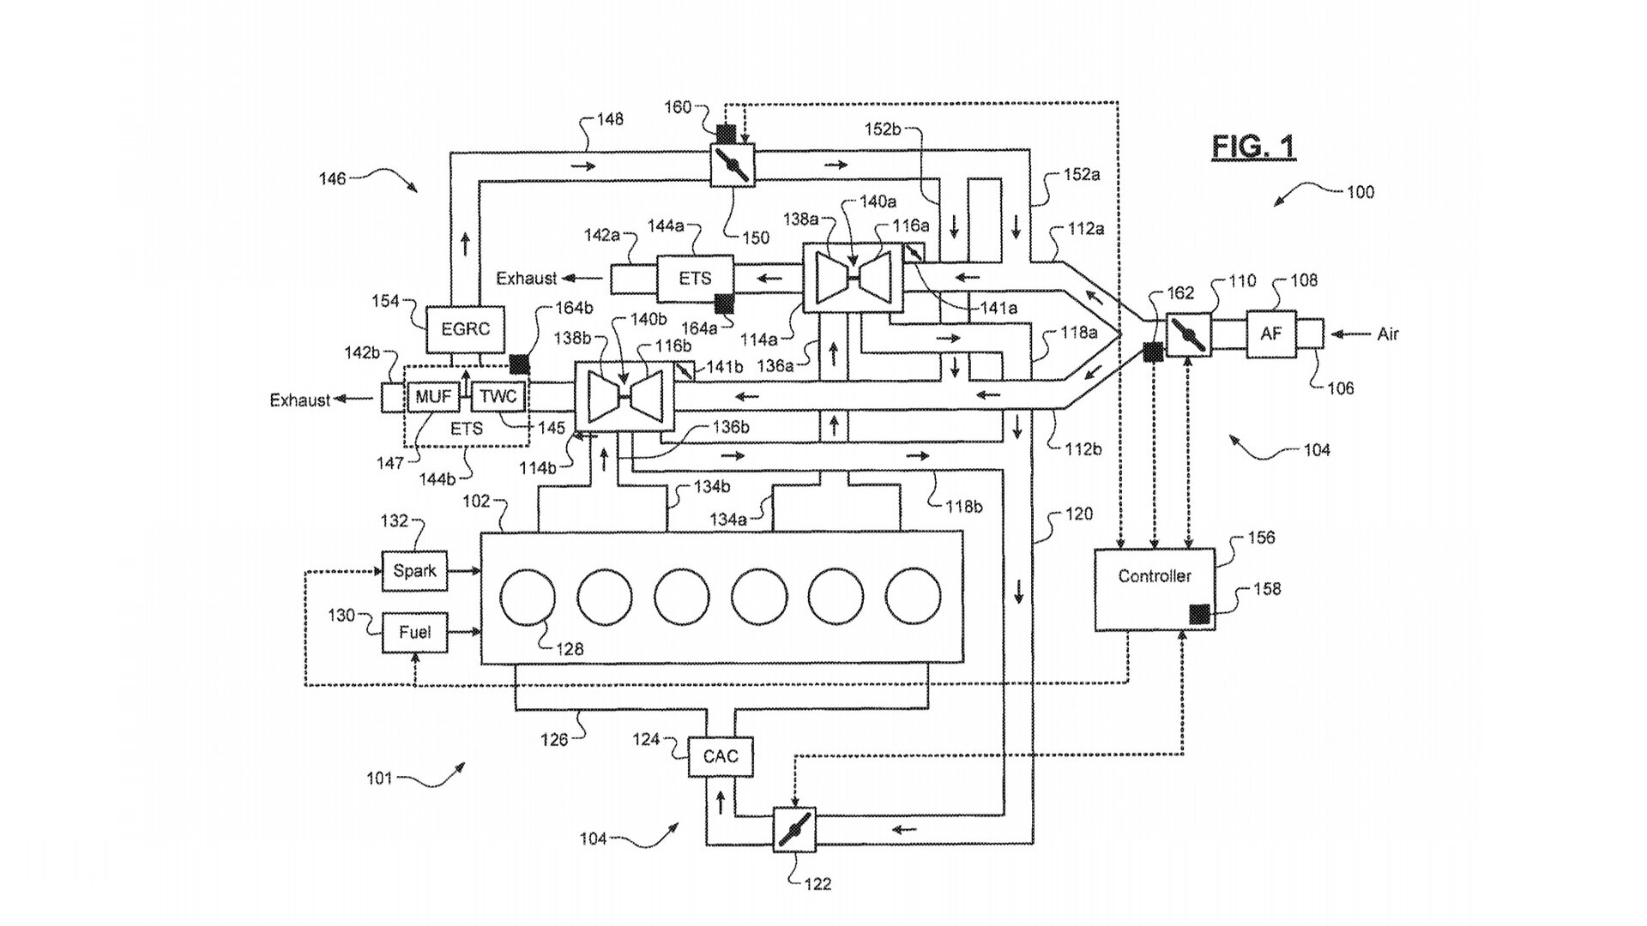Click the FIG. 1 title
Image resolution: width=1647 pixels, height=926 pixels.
[x=1253, y=147]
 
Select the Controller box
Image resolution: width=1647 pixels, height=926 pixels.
[x=1155, y=589]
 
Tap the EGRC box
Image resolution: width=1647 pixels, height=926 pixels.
[x=465, y=329]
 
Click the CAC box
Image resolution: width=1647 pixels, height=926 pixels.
[x=721, y=756]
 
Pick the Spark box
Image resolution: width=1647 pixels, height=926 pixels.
[x=415, y=571]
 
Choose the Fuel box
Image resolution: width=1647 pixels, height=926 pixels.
[x=415, y=633]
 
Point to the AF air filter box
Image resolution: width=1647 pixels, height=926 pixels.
[x=1270, y=334]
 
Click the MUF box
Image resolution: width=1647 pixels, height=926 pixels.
[x=433, y=396]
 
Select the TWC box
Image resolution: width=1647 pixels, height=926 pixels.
[x=498, y=396]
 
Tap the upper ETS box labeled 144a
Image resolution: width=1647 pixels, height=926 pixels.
[x=695, y=279]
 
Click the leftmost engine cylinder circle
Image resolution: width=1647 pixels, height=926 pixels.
[x=528, y=597]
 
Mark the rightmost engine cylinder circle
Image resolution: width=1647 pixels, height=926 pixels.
[x=914, y=597]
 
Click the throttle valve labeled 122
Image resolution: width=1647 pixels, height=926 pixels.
[x=793, y=829]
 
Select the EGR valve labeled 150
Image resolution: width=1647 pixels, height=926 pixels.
[x=732, y=164]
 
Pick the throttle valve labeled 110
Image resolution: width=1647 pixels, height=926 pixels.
[x=1189, y=334]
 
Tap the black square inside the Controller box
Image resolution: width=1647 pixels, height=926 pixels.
[x=1199, y=614]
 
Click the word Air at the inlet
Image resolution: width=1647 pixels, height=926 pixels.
[x=1388, y=334]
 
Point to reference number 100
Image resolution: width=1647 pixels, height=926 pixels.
[x=1360, y=192]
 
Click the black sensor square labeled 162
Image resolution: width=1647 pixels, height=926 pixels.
[x=1154, y=352]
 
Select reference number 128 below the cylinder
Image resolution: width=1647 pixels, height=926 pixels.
[x=569, y=649]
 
